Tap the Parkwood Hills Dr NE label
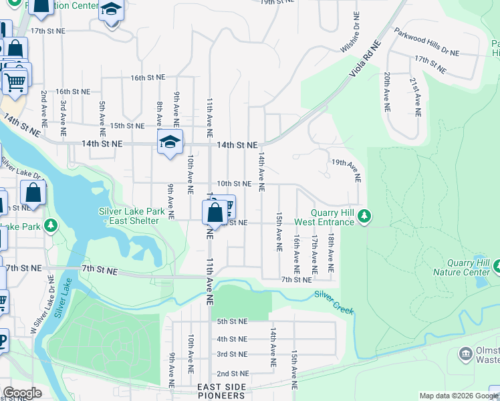pyautogui.click(x=426, y=41)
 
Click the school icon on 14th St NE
pyautogui.click(x=170, y=142)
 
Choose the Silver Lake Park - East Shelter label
pyautogui.click(x=131, y=217)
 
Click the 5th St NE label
pyautogui.click(x=232, y=321)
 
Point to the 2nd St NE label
pyautogui.click(x=232, y=374)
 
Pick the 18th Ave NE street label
pyautogui.click(x=330, y=253)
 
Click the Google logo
pyautogui.click(x=22, y=393)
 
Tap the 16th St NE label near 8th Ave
pyautogui.click(x=147, y=78)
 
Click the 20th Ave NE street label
pyautogui.click(x=387, y=92)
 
